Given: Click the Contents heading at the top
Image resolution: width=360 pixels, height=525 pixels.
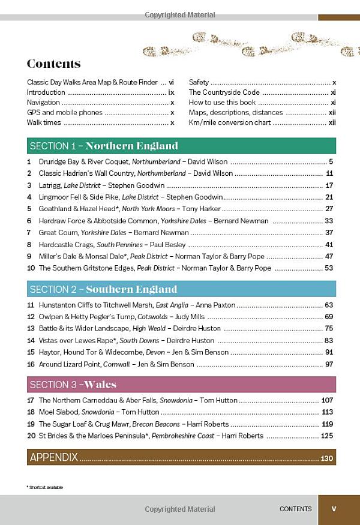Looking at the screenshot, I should click(x=53, y=64).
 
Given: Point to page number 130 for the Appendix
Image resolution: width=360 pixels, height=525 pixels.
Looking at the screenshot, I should click(x=326, y=458).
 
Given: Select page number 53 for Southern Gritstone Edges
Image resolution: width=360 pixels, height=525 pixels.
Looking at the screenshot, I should click(x=329, y=268).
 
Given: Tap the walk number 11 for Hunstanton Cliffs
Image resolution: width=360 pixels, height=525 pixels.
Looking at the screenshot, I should click(x=31, y=305).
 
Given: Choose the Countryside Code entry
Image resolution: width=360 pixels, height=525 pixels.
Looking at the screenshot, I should click(x=224, y=92).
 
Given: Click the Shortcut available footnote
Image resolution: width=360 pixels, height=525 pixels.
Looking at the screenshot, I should click(x=44, y=487).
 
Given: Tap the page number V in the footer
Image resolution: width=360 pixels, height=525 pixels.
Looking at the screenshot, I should click(x=334, y=509).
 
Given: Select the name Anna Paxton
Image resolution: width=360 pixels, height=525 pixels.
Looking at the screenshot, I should click(x=215, y=305).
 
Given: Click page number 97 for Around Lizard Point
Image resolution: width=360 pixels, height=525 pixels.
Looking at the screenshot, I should click(x=329, y=364).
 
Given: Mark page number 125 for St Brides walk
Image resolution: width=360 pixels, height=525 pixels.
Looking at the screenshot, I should click(x=327, y=436).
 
